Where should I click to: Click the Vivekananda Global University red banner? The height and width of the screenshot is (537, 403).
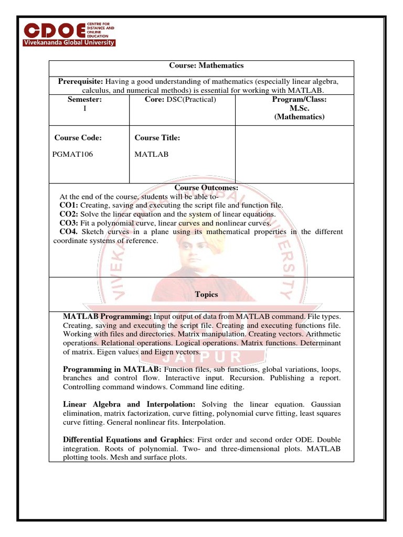pos(68,42)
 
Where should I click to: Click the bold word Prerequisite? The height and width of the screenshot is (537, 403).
pos(81,81)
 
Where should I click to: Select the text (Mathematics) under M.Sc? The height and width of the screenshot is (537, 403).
pos(299,117)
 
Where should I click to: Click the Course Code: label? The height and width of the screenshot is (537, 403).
pos(78,138)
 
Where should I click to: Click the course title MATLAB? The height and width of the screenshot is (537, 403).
pos(152,155)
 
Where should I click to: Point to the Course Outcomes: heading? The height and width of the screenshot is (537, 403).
pos(206,187)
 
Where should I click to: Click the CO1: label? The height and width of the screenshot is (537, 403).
pos(69,205)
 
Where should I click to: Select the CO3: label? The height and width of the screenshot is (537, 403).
pos(69,223)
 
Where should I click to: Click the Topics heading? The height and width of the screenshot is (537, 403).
pos(206,294)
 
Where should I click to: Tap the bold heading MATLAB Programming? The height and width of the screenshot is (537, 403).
pos(107,317)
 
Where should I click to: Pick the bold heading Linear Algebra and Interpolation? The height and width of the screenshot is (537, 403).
pos(129,404)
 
